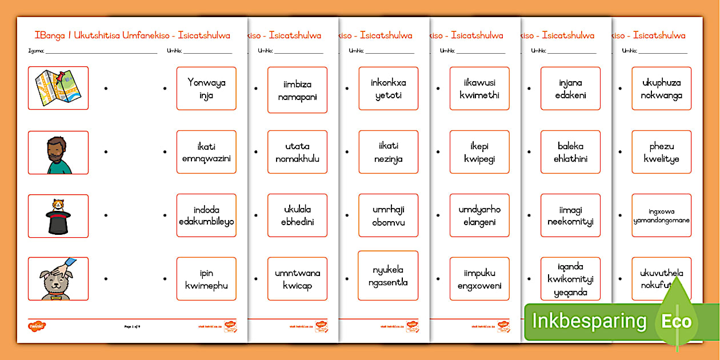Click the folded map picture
[x=58, y=88]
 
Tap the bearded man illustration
[x=58, y=153]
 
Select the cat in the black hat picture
[x=58, y=216]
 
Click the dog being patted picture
[x=58, y=279]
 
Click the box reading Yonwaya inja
[x=206, y=89]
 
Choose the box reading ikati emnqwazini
[x=206, y=153]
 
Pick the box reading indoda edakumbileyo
[x=206, y=215]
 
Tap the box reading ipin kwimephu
[x=206, y=279]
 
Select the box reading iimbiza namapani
[x=297, y=90]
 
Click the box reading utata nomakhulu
[x=297, y=153]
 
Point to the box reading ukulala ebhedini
[x=297, y=215]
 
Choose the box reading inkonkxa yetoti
[x=389, y=89]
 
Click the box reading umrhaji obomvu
[x=389, y=215]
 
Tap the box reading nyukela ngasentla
[x=389, y=275]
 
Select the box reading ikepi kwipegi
[x=479, y=153]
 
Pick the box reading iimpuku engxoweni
[x=479, y=279]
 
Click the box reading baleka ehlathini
[x=570, y=153]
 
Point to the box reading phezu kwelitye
[x=661, y=153]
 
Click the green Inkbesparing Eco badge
[x=611, y=321]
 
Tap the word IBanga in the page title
[x=50, y=35]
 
